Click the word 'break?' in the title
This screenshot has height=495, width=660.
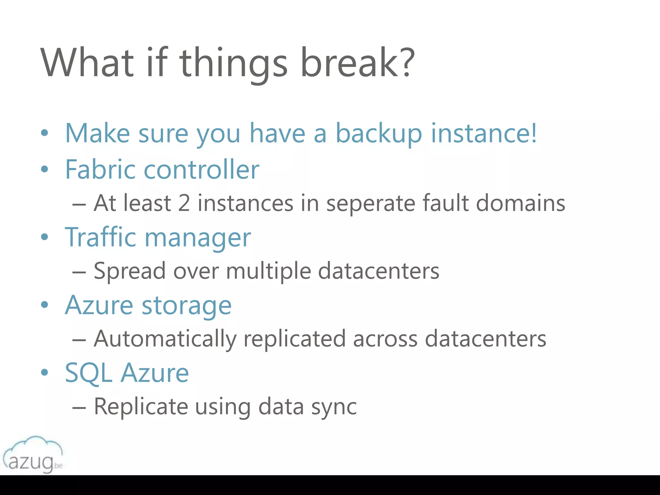[x=357, y=63]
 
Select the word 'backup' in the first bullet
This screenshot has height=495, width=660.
[x=379, y=134]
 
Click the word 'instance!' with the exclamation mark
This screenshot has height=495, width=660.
[x=484, y=133]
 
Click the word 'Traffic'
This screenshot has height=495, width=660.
[x=101, y=237]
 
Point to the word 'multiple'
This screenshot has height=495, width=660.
[x=268, y=271]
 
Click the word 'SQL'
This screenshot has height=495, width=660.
[x=89, y=373]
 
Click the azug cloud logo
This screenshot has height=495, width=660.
[x=33, y=455]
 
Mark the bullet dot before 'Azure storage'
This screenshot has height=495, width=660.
[x=44, y=305]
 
